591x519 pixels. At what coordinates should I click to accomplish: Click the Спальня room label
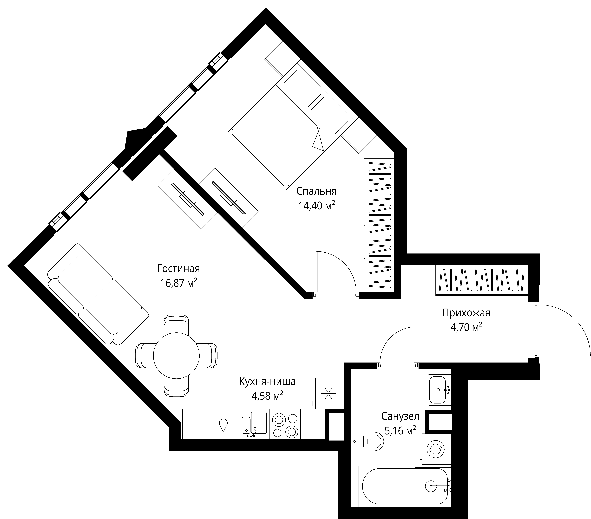click(x=316, y=191)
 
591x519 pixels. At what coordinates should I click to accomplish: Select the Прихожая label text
click(x=466, y=313)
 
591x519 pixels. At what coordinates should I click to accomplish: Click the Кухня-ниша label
click(x=267, y=382)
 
